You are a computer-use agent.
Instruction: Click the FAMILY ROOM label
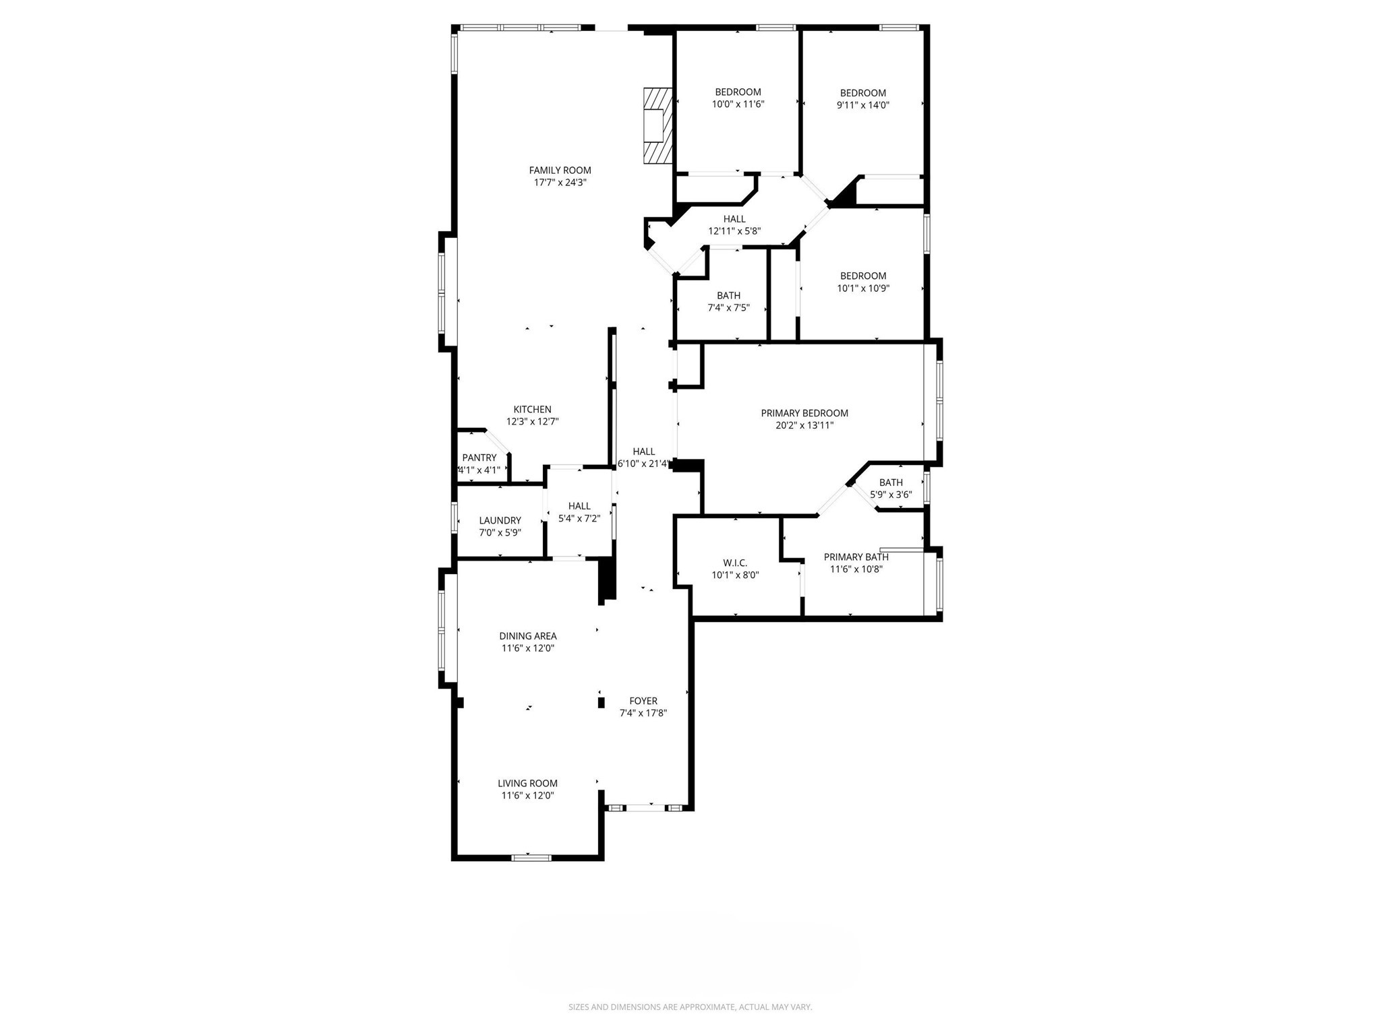click(560, 170)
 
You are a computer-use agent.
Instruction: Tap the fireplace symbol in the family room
click(657, 125)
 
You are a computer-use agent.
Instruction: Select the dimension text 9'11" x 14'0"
click(862, 105)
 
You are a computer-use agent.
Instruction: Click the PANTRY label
click(479, 458)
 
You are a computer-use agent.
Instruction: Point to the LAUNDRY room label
click(500, 520)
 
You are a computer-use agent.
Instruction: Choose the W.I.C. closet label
click(735, 563)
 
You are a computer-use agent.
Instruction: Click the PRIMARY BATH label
click(856, 557)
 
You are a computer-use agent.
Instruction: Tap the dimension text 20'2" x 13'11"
click(804, 425)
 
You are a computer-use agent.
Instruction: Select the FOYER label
click(643, 701)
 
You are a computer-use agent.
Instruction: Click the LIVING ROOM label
click(527, 783)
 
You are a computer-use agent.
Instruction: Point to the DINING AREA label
click(527, 636)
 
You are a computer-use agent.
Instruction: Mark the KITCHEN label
click(532, 410)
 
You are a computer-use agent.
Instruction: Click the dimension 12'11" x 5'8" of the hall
click(734, 231)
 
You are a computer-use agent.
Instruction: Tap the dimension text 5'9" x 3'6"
click(891, 495)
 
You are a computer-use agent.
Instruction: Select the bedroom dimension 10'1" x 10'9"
click(862, 288)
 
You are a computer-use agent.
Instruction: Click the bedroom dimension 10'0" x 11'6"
click(738, 104)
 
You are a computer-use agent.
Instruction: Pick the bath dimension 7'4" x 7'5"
click(728, 308)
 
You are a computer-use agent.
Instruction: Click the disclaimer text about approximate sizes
click(690, 1007)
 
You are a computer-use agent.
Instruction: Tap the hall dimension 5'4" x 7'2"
click(579, 518)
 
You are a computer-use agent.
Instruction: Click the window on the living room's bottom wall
click(531, 858)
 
